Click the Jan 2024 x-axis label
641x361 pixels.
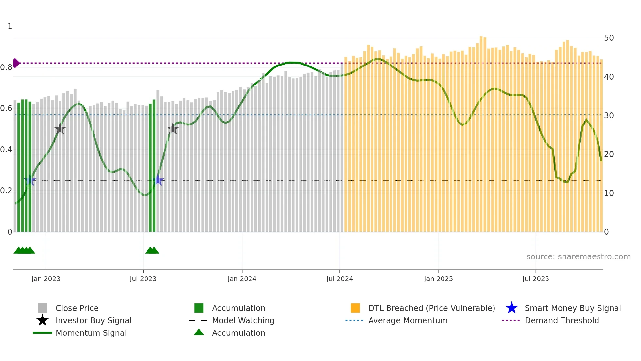pyautogui.click(x=242, y=279)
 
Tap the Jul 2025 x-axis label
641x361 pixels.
pyautogui.click(x=535, y=279)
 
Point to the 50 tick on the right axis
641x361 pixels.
pyautogui.click(x=609, y=38)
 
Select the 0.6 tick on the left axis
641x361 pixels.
pyautogui.click(x=6, y=108)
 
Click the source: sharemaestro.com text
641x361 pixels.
pyautogui.click(x=578, y=257)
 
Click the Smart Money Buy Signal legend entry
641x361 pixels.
pyautogui.click(x=572, y=308)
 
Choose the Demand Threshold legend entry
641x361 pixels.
pyautogui.click(x=562, y=321)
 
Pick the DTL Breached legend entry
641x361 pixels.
pyautogui.click(x=431, y=308)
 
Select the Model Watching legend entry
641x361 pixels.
pyautogui.click(x=243, y=321)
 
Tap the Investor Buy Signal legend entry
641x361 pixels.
pyautogui.click(x=93, y=321)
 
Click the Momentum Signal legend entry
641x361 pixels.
pyautogui.click(x=91, y=333)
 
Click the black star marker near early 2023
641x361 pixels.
pyautogui.click(x=60, y=129)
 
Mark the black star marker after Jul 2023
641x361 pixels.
pyautogui.click(x=173, y=129)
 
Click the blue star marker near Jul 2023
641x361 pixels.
pyautogui.click(x=158, y=180)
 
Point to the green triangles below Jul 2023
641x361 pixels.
pyautogui.click(x=152, y=251)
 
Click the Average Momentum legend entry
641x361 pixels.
pyautogui.click(x=407, y=321)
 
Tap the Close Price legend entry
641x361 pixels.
pyautogui.click(x=77, y=308)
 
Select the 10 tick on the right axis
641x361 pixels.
pyautogui.click(x=609, y=193)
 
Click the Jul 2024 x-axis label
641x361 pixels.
pyautogui.click(x=339, y=279)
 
